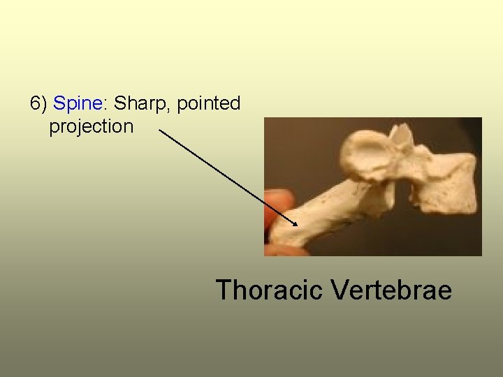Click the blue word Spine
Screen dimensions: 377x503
click(x=77, y=104)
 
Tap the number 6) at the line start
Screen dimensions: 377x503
click(x=38, y=104)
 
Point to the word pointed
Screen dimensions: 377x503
click(x=209, y=104)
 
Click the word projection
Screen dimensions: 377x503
click(x=91, y=127)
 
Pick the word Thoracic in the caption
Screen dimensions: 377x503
click(x=269, y=289)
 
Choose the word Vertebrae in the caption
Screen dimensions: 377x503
click(x=392, y=289)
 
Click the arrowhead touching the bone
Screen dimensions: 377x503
click(x=296, y=223)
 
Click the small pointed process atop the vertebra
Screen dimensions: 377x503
click(x=401, y=133)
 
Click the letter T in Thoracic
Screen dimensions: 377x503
click(x=224, y=289)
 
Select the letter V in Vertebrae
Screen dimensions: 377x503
click(x=341, y=289)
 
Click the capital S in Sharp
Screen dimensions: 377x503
click(x=119, y=104)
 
